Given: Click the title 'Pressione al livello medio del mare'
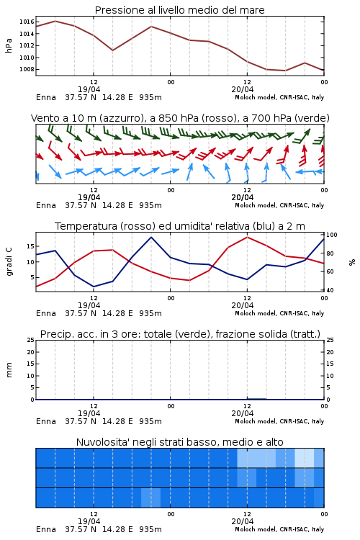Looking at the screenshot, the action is pos(179,10).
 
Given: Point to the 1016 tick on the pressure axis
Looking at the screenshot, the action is pos(27,22).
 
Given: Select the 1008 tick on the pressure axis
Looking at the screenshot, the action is pos(27,69).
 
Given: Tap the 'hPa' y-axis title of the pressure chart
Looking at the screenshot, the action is pos(9,45).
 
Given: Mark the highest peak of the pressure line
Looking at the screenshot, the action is pos(55,21).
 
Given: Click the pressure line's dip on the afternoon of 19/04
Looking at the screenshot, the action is pos(112,50).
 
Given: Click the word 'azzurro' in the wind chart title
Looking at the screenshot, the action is pos(120,118).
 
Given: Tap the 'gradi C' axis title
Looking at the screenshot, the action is pos(9,261).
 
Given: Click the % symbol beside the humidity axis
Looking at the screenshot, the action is pos(352,262).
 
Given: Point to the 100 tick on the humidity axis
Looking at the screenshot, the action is pos(332,235).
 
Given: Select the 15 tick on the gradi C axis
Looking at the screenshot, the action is pos(30,246).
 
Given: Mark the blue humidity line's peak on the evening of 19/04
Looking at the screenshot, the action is pos(151,237).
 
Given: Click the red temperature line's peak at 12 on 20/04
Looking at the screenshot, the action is pos(247,237).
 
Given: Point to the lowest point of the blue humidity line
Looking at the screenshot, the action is pos(94,287).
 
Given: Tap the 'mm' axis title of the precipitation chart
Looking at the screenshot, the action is pos(9,369).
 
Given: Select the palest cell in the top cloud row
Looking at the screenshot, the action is pos(305,458).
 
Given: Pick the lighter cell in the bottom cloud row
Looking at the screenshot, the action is pos(151,498).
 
